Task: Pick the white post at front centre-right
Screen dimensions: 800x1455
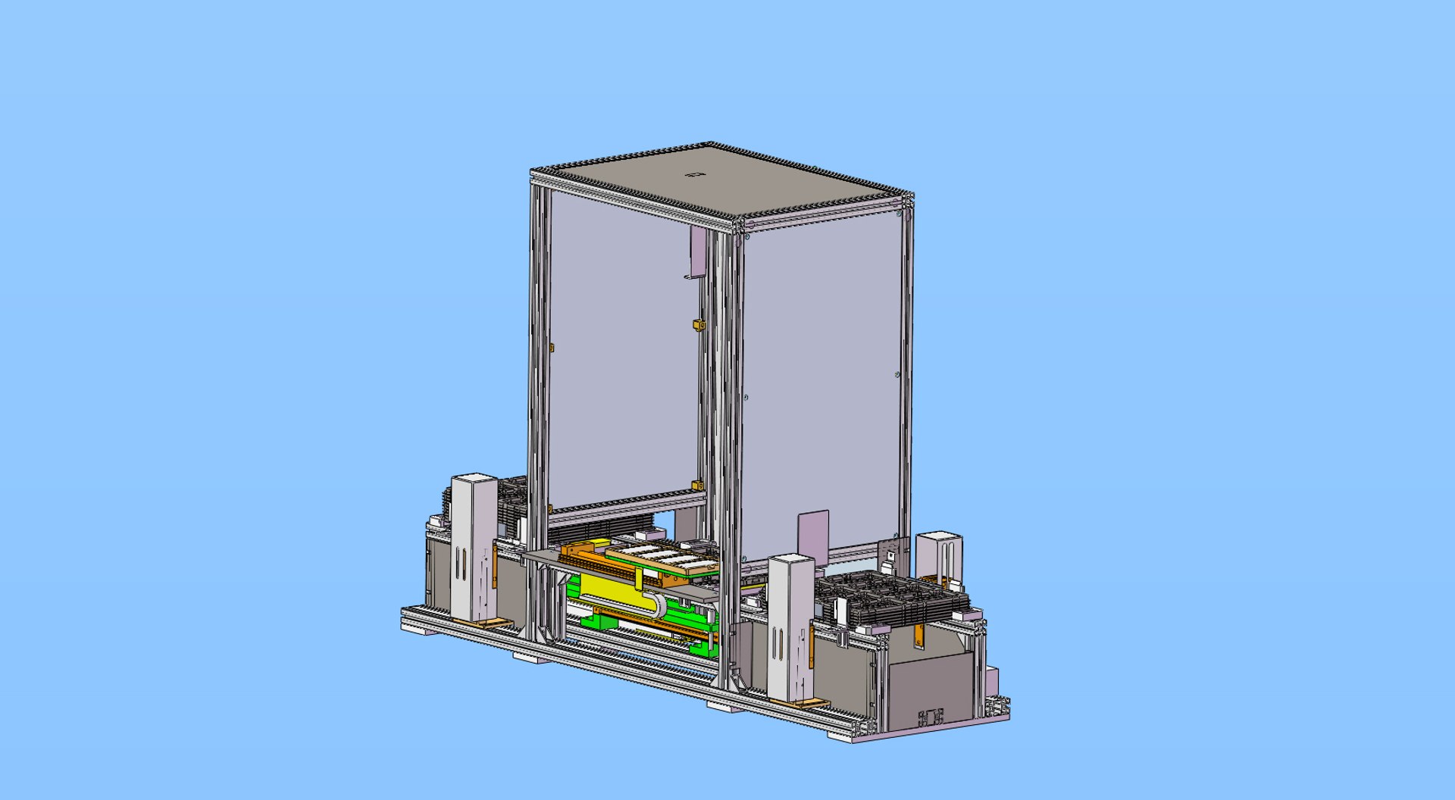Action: [790, 627]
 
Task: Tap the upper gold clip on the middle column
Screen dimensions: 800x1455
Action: [696, 325]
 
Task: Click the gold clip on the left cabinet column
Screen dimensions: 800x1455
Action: [552, 348]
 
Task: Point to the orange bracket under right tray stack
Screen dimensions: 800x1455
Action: [919, 636]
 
